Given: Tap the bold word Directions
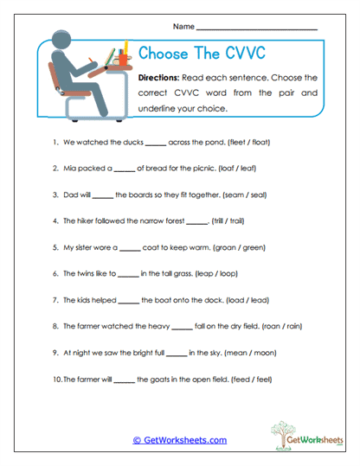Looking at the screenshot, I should tap(164, 78).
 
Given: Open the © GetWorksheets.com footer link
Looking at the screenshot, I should tap(179, 440).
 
